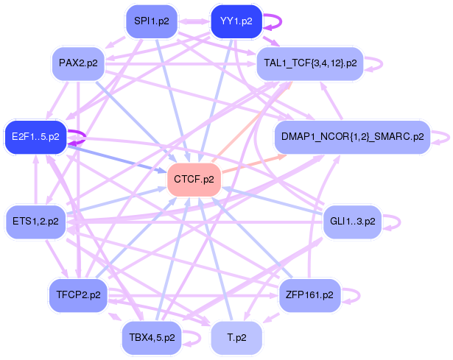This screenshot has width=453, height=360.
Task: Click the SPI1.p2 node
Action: click(x=152, y=21)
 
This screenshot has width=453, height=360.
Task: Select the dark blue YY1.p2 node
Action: click(x=236, y=21)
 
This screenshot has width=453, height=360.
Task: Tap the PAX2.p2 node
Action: click(x=78, y=63)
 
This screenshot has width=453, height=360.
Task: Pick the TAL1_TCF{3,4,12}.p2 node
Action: click(x=310, y=63)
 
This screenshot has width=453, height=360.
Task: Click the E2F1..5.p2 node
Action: click(x=35, y=137)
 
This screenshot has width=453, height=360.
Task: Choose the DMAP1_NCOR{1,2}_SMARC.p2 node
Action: click(x=353, y=137)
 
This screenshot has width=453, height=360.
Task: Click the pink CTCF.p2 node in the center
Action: click(x=194, y=180)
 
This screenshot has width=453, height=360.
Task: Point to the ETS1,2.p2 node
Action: click(x=35, y=222)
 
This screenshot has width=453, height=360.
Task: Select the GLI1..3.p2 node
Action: click(x=353, y=222)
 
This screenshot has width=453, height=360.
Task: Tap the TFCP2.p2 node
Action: click(x=78, y=295)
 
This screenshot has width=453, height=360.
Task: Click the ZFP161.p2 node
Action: click(x=310, y=295)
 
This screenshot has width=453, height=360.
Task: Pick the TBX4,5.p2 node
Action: click(x=152, y=338)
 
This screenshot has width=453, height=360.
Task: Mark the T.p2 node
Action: click(x=236, y=338)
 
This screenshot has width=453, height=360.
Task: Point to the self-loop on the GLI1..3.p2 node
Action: click(x=400, y=222)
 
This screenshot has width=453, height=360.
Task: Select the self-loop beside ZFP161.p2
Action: click(x=359, y=295)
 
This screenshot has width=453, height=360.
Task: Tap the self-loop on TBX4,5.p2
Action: click(x=200, y=338)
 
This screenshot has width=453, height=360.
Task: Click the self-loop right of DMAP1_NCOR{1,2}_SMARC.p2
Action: click(x=449, y=137)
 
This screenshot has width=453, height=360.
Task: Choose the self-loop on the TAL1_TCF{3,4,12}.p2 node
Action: click(x=382, y=63)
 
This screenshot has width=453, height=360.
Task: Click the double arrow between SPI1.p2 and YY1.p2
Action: click(x=194, y=21)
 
